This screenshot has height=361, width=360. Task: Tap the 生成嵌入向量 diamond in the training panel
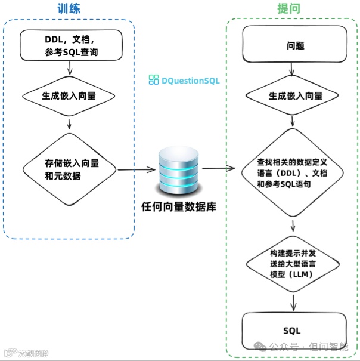tap(72, 95)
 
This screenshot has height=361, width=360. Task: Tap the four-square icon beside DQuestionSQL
tap(154, 79)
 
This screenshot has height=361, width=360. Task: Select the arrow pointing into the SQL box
tap(293, 304)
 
